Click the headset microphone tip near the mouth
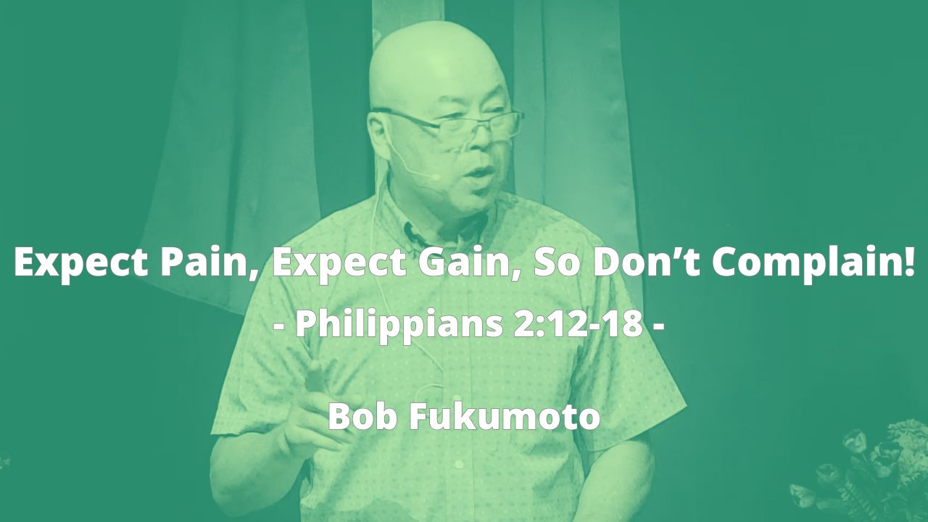coord(434,177)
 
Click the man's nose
coord(483,138)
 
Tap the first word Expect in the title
coord(80,263)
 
